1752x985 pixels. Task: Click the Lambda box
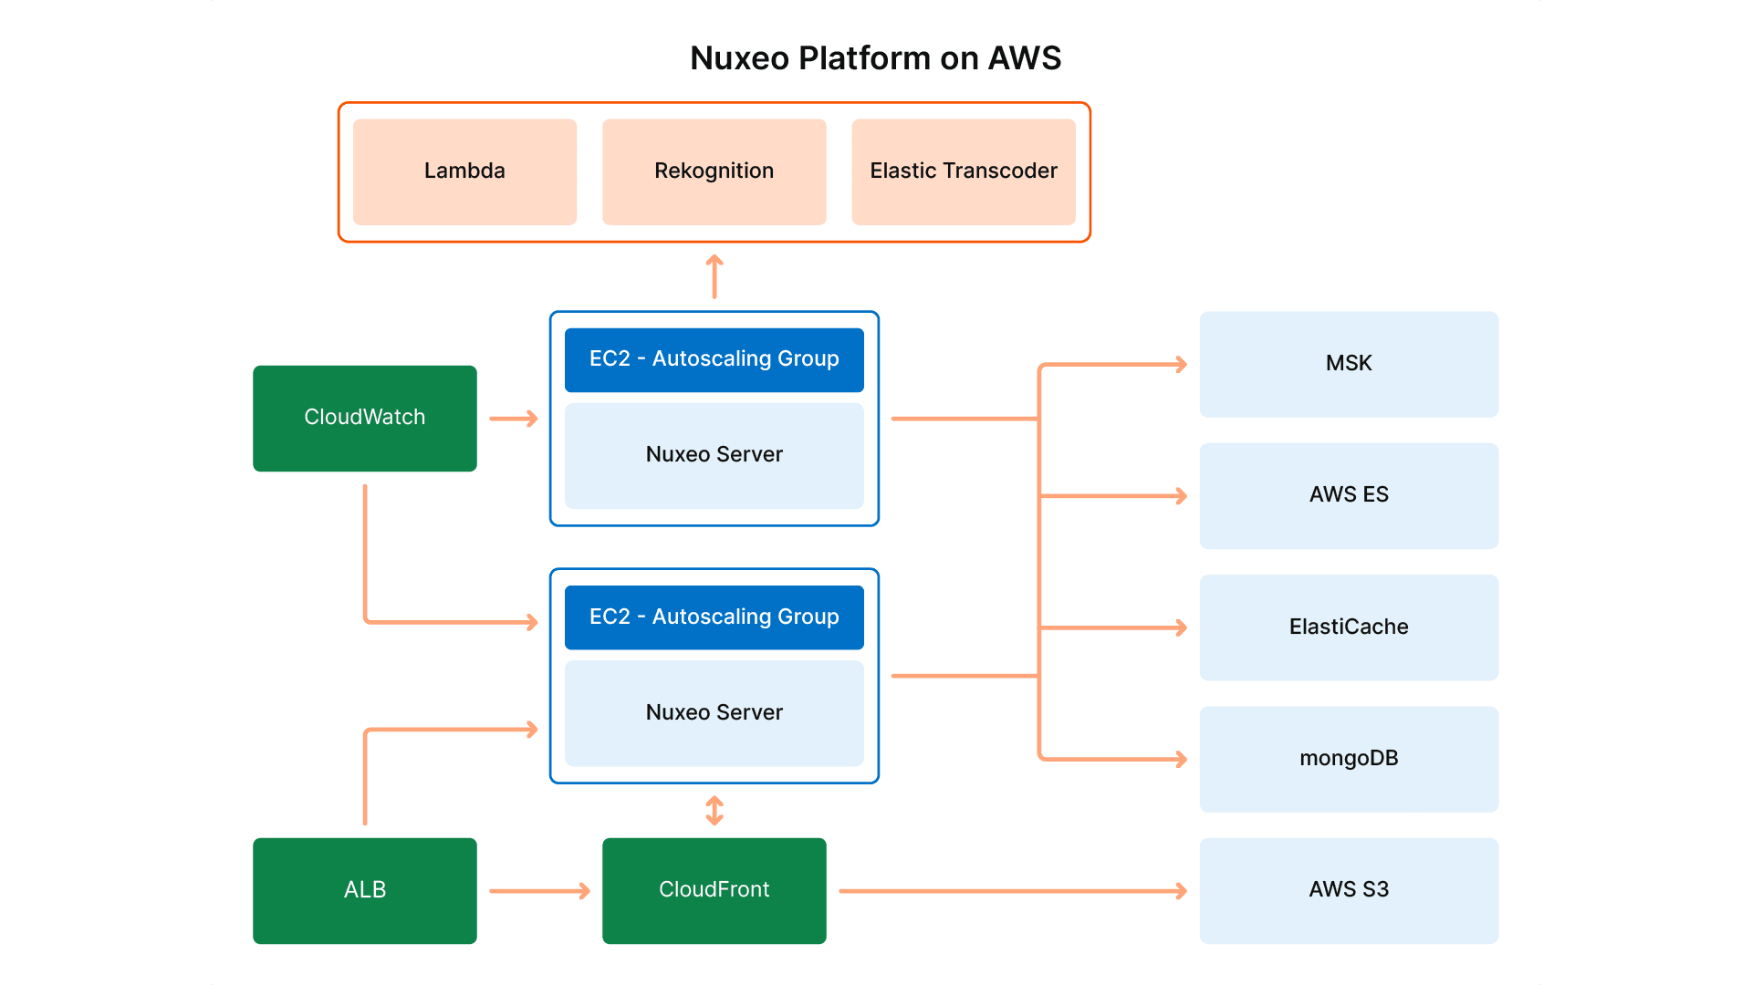click(464, 171)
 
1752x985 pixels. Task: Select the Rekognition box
click(714, 171)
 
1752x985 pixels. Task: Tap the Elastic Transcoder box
click(963, 171)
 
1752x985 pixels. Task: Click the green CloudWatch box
click(364, 418)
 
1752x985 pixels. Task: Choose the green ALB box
click(364, 890)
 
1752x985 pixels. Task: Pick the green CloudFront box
click(714, 890)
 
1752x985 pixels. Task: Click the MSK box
click(1348, 364)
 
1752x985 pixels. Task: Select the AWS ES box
click(1348, 495)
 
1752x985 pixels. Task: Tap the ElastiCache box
click(1348, 627)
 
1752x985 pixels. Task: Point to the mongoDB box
click(1348, 759)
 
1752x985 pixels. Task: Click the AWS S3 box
click(1348, 890)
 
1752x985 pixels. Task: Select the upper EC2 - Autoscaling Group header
click(714, 359)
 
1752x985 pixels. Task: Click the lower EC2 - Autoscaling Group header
click(714, 617)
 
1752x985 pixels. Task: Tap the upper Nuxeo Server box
click(714, 455)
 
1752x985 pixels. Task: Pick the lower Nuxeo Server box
click(714, 713)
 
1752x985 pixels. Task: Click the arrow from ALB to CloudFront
click(538, 891)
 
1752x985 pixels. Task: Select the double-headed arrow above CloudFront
click(714, 811)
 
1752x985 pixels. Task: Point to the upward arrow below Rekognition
click(714, 276)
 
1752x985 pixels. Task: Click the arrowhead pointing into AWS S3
click(1181, 891)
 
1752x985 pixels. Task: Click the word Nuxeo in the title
click(739, 58)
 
